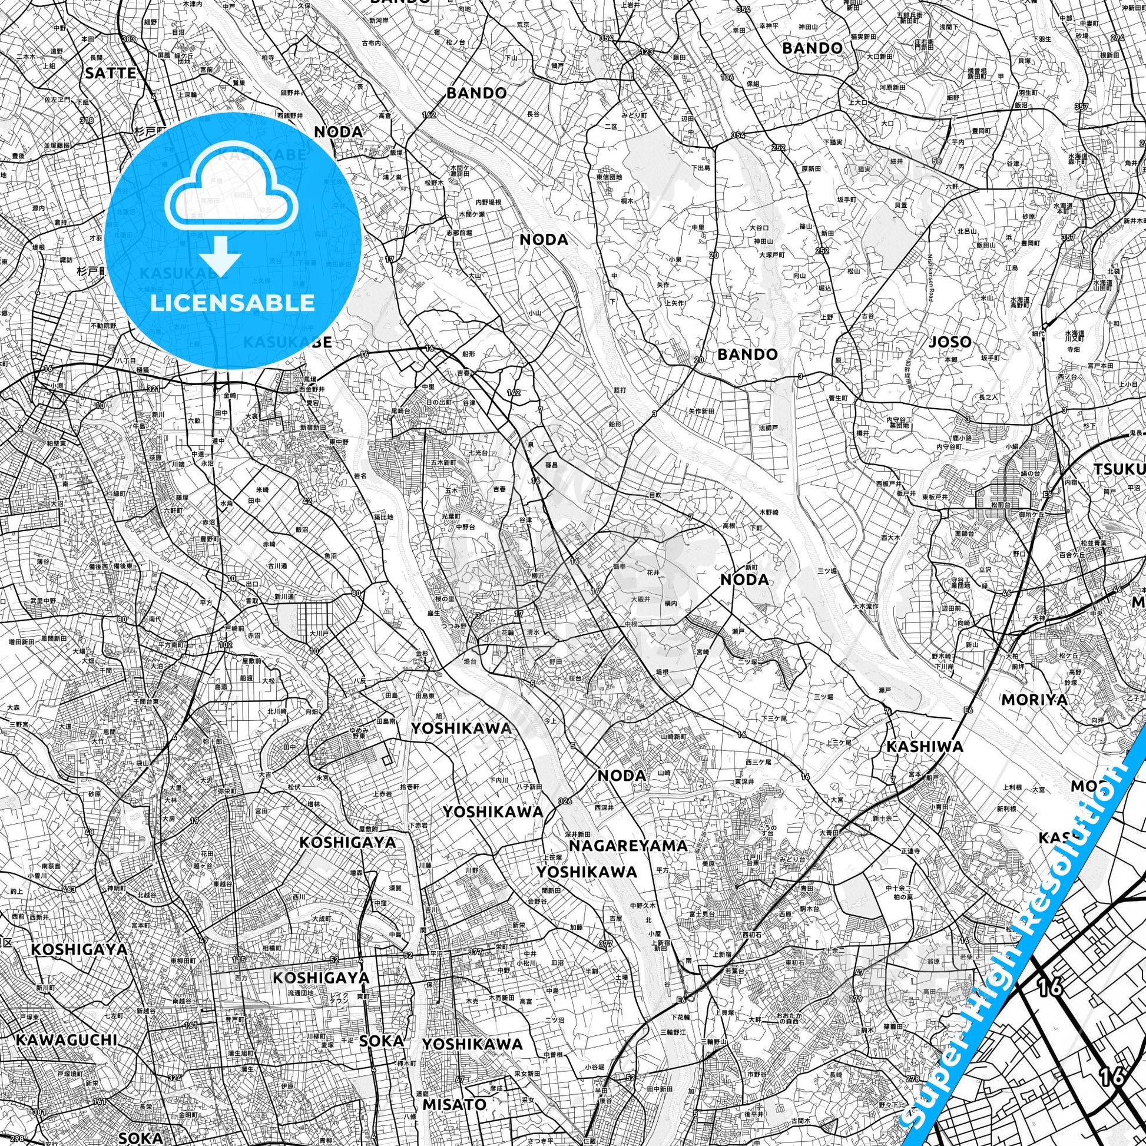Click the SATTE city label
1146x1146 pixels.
tap(111, 73)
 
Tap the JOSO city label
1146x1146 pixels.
tap(950, 342)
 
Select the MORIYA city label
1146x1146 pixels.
tap(1034, 700)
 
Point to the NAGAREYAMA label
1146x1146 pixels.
tap(629, 845)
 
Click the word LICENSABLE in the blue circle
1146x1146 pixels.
tap(233, 303)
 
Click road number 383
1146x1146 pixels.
tap(128, 39)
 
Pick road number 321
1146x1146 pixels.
tap(154, 388)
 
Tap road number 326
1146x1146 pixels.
tap(565, 801)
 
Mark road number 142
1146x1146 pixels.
tap(514, 393)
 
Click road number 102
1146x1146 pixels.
tap(225, 645)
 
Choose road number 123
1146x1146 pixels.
tap(646, 52)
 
